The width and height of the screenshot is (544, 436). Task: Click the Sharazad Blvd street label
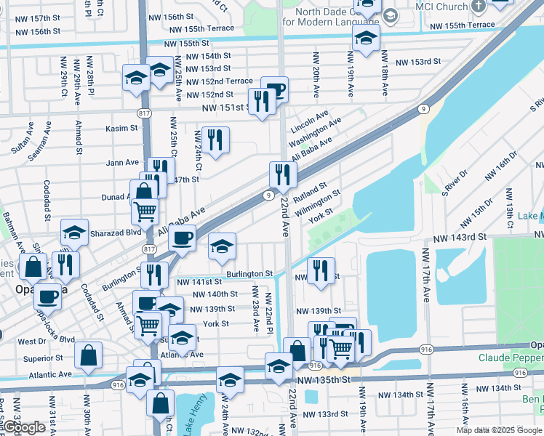click(116, 233)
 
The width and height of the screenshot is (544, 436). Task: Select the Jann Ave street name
click(122, 163)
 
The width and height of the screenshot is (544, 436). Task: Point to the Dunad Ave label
click(116, 197)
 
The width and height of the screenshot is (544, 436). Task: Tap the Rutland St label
click(311, 193)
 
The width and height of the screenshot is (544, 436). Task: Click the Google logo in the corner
click(25, 427)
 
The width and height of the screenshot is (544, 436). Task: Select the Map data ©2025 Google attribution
click(499, 430)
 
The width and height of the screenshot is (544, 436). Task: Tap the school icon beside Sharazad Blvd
click(74, 233)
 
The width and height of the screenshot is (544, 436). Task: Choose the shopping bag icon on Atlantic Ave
click(88, 356)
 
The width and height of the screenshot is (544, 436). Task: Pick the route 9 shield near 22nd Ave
click(268, 195)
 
